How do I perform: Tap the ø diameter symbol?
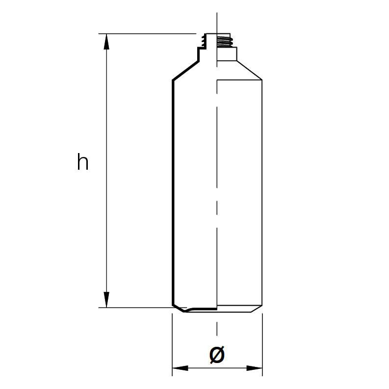click(216, 354)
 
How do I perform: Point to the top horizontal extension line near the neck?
click(147, 34)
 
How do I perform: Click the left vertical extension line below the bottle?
click(172, 343)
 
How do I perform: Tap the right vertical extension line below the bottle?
click(262, 343)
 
